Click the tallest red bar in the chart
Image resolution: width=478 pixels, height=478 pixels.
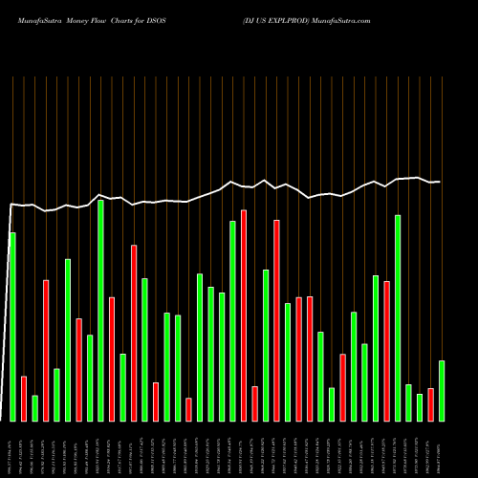click(244, 315)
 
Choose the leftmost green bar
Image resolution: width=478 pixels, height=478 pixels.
click(12, 326)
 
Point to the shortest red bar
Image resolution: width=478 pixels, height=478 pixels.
click(189, 409)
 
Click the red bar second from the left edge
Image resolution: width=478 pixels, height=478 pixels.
click(46, 350)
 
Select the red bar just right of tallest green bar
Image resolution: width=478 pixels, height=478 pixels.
click(112, 358)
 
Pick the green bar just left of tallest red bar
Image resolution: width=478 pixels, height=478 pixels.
click(233, 320)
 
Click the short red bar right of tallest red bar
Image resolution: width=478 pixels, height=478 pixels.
click(255, 403)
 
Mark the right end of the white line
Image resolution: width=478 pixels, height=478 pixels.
click(440, 182)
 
